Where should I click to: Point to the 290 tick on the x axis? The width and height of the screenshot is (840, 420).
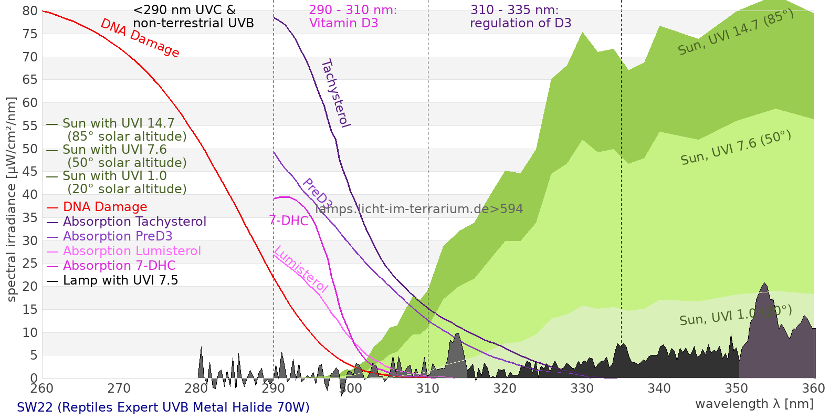click(274, 388)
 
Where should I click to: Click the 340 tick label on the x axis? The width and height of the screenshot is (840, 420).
click(659, 388)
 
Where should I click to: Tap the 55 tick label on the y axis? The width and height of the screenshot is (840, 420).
click(30, 125)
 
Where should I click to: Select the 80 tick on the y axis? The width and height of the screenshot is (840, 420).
click(30, 11)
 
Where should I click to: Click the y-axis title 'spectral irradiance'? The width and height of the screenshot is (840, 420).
click(12, 199)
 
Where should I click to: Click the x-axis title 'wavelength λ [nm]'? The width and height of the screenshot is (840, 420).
click(754, 404)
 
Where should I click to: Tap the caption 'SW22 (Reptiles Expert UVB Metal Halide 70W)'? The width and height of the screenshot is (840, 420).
click(163, 407)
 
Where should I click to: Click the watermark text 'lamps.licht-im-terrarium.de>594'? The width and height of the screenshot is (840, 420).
click(419, 209)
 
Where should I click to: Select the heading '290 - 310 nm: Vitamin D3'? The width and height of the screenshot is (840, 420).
click(353, 16)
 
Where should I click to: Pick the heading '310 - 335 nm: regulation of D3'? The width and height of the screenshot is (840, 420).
click(520, 16)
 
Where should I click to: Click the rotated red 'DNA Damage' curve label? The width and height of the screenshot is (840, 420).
click(140, 38)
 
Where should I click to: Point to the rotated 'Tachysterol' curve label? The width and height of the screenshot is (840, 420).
click(335, 93)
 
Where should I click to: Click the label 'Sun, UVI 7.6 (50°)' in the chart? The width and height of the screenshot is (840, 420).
click(736, 148)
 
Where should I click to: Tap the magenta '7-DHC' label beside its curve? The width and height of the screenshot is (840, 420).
click(289, 220)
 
